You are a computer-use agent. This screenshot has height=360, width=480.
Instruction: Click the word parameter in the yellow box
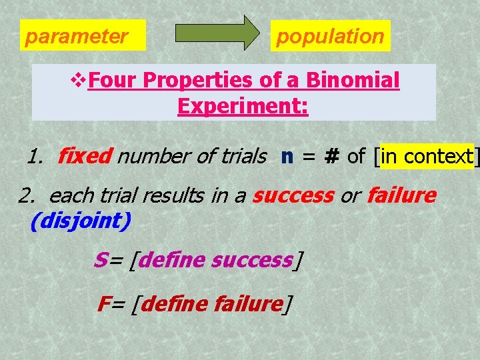coord(76,36)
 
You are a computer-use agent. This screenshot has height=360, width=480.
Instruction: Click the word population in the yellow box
coord(330,36)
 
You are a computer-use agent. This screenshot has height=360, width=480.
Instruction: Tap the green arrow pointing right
coord(219,33)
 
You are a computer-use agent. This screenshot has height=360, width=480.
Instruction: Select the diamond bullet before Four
coord(79,81)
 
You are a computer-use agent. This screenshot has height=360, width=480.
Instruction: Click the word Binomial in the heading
coord(353,81)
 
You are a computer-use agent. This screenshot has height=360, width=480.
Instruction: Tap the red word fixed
coord(84,157)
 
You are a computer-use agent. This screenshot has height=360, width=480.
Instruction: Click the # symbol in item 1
coord(332,157)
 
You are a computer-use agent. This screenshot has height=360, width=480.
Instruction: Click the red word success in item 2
coord(293,196)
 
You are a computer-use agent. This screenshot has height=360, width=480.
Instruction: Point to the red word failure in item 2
coord(401,196)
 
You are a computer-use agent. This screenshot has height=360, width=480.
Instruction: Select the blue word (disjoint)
coord(80,221)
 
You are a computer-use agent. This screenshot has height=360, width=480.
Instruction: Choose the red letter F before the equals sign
coord(103,304)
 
